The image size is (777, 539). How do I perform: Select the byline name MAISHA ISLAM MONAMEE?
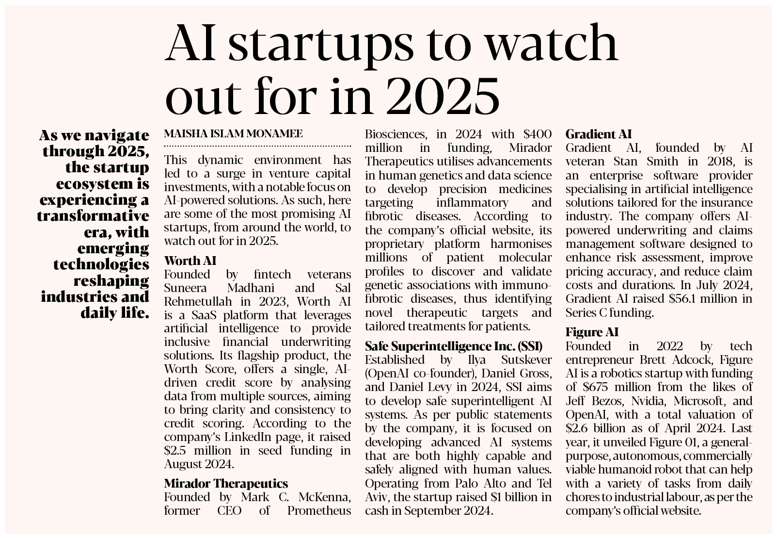[x=234, y=133]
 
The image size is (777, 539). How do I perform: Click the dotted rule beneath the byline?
[x=257, y=145]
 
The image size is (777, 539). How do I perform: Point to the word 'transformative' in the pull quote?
[x=93, y=216]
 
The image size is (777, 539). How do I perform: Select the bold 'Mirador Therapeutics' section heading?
[x=226, y=483]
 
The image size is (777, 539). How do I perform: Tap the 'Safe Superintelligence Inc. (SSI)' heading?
[x=453, y=346]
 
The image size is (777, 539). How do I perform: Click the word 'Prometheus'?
[x=319, y=510]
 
